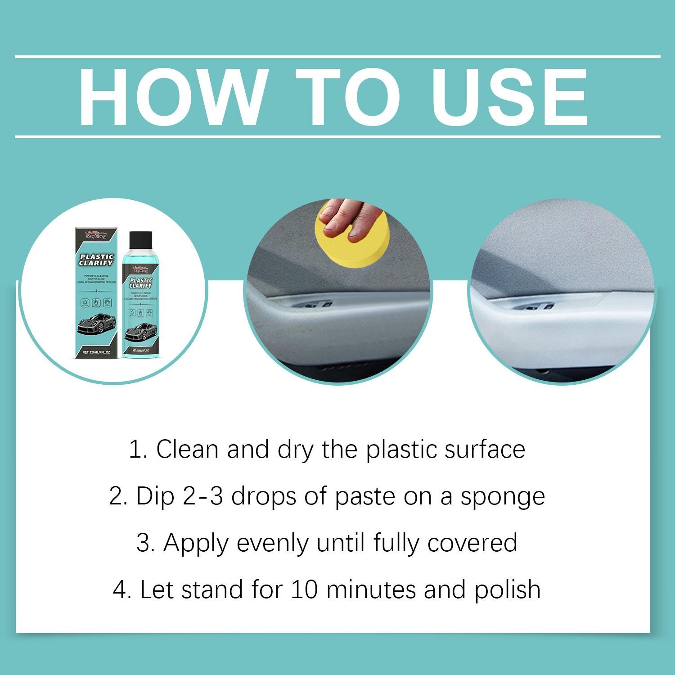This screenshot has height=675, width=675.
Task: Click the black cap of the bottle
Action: coord(140,240)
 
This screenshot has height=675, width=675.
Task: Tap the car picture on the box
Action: coord(96,322)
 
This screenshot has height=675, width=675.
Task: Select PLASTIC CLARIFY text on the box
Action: coord(96,260)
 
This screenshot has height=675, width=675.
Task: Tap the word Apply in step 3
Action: coord(195,544)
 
